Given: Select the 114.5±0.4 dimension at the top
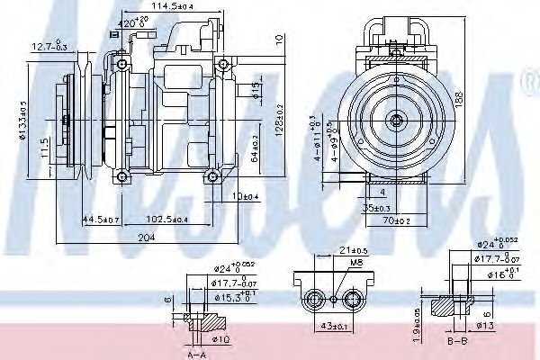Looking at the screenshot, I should tap(175, 8).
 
